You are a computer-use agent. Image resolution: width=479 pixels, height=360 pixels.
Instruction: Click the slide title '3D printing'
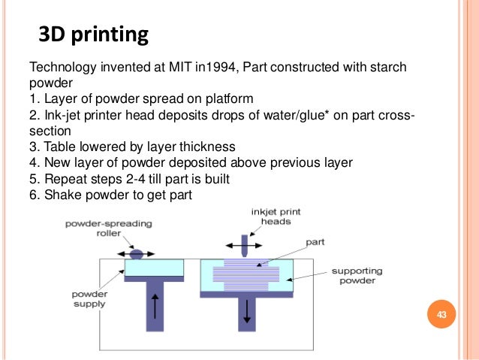point(92,35)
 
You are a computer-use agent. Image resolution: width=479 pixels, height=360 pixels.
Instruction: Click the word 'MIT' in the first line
point(188,68)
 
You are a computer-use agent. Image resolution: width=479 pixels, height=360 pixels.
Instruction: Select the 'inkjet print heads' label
point(276,217)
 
